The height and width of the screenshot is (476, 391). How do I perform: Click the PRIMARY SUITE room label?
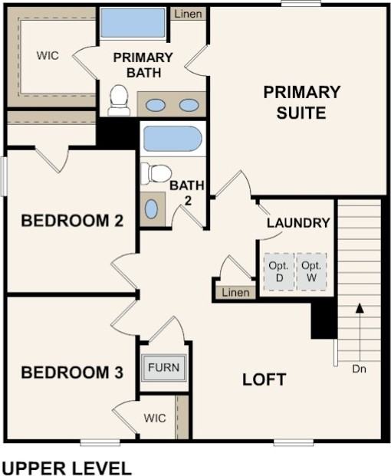[x=301, y=102]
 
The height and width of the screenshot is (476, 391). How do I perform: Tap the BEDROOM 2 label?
[x=72, y=222]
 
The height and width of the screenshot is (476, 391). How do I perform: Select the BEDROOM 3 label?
[x=72, y=373]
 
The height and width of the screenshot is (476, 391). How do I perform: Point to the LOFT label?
[x=264, y=379]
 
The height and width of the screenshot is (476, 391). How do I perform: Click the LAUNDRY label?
[x=298, y=223]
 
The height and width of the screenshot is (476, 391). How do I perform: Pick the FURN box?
[x=163, y=368]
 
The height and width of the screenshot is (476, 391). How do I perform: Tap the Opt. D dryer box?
[x=277, y=271]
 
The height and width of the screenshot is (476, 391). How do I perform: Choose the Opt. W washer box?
[x=310, y=271]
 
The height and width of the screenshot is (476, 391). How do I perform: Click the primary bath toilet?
[x=119, y=100]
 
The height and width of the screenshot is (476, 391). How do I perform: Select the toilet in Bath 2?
[x=156, y=173]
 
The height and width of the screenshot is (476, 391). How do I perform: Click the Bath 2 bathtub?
[x=172, y=140]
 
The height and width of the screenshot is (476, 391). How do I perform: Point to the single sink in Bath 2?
[x=151, y=208]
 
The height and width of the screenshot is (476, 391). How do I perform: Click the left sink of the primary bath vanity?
[x=155, y=105]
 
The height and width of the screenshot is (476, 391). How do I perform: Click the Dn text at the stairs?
[x=359, y=369]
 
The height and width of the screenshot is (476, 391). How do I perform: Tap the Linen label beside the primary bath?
[x=188, y=15]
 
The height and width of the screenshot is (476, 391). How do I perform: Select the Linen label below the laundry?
[x=234, y=293]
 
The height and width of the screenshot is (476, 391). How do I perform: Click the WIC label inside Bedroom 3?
[x=154, y=419]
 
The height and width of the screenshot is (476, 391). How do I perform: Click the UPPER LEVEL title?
[x=67, y=468]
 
